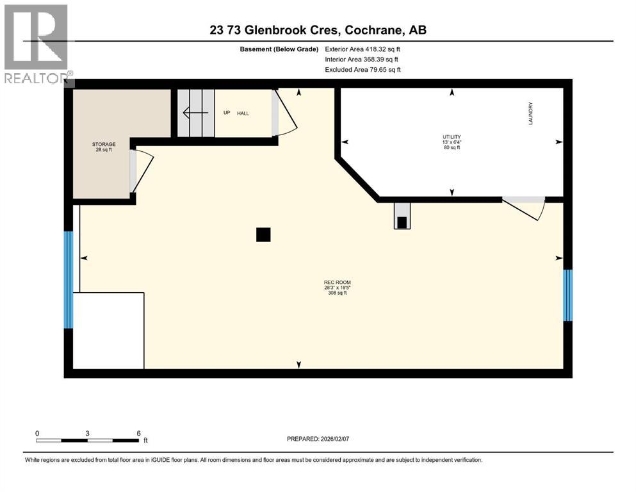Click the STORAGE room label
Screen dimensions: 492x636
point(103,144)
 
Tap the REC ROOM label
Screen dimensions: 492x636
point(337,283)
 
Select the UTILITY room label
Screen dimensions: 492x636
point(451,137)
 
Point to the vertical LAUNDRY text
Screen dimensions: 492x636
point(531,113)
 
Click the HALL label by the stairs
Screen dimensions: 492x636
point(243,113)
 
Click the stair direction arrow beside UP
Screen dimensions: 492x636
point(195,113)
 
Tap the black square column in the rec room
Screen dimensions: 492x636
point(263,235)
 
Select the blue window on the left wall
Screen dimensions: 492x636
point(69,279)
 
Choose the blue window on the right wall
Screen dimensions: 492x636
point(567,295)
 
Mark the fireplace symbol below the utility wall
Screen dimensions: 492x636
point(402,218)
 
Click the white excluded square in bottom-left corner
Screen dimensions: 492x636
point(108,331)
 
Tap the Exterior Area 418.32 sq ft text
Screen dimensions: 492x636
point(366,49)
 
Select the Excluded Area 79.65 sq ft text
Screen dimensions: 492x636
point(366,70)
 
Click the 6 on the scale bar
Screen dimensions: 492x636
point(138,434)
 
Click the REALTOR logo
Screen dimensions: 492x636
point(37,45)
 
